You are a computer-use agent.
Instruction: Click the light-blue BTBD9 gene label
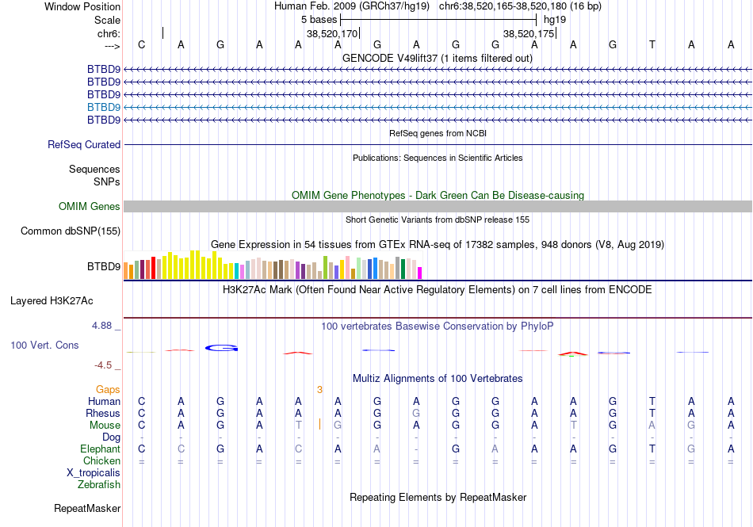104,107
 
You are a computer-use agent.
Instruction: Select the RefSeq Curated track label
84,145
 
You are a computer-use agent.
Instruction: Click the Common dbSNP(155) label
71,231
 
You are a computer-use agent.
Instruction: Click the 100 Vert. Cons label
44,346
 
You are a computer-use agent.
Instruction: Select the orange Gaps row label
108,390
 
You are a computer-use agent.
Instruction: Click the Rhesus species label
103,414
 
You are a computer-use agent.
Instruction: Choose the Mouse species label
105,426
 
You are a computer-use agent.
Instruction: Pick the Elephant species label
100,449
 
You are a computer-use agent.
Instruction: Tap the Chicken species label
102,461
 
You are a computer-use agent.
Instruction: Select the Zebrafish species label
99,485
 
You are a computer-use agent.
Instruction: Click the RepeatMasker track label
87,508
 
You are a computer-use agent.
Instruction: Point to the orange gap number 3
319,390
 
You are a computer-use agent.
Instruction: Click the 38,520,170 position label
332,34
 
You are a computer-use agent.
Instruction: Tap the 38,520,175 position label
529,34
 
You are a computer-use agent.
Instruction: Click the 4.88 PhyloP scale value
105,325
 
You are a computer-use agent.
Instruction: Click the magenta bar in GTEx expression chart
420,273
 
